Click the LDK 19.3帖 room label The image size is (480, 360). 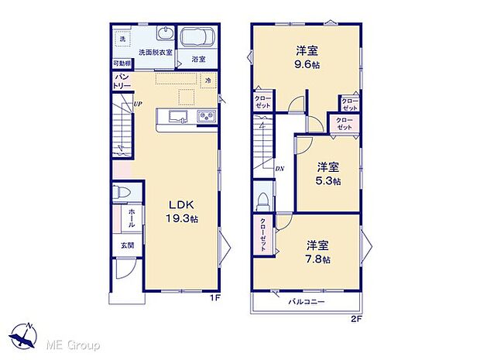point(183,211)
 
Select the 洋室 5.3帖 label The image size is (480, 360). point(327,173)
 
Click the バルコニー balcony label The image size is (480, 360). point(307,302)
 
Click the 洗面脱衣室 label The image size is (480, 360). point(156,53)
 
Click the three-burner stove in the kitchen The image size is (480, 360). point(206,117)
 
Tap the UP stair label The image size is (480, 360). point(137,105)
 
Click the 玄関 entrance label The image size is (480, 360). point(126,245)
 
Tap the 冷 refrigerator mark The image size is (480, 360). point(207,80)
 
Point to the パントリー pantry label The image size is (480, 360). point(122,82)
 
